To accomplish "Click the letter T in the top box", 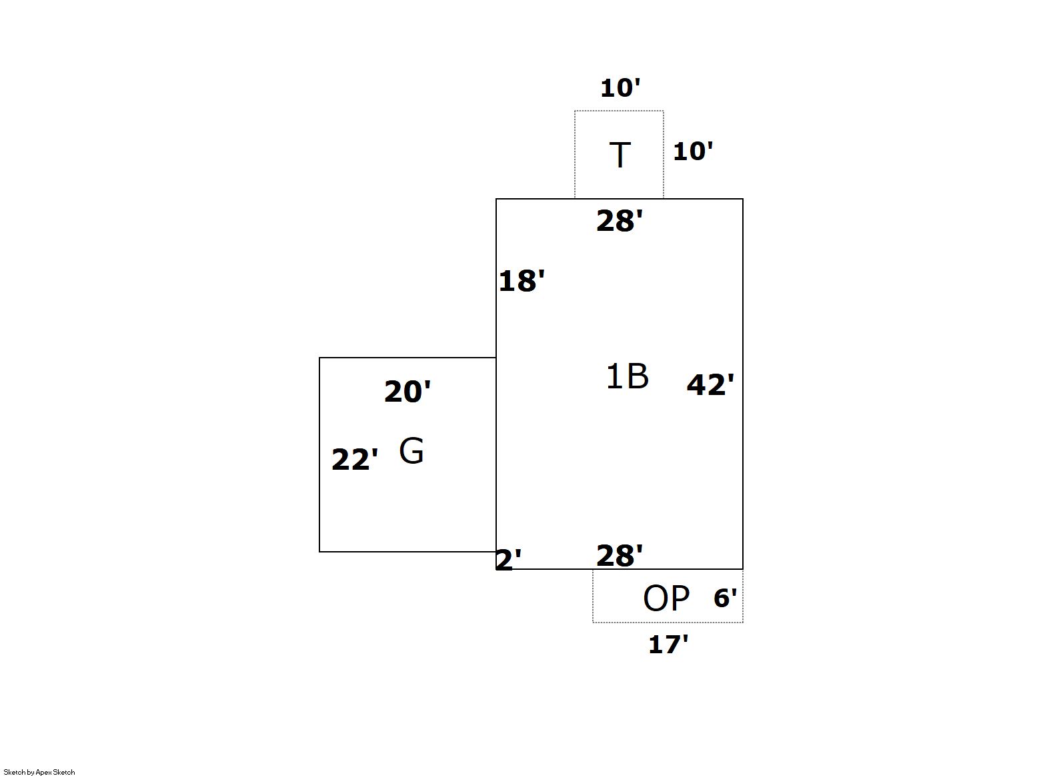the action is pos(620,155).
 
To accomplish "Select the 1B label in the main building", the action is pos(627,376).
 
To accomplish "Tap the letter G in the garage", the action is pos(411,450).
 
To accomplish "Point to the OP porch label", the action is pos(666,598).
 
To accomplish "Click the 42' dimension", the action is pos(711,384).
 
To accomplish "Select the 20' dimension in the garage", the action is pos(407,391).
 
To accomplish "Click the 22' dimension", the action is pos(355,459).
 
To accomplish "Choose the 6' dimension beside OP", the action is pos(726,598).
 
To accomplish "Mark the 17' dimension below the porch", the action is pos(668,645).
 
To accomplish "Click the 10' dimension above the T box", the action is pos(620,88).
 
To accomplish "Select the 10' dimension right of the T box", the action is pos(693,151).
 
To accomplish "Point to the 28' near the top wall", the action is pos(620,220).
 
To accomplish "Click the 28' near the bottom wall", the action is pos(620,556).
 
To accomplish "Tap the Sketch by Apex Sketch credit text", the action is pos(39,772).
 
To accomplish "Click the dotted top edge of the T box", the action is pos(619,111).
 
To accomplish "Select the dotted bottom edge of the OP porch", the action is pos(668,622).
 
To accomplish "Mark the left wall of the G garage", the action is pos(319,454).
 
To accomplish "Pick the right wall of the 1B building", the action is pos(743,384).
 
